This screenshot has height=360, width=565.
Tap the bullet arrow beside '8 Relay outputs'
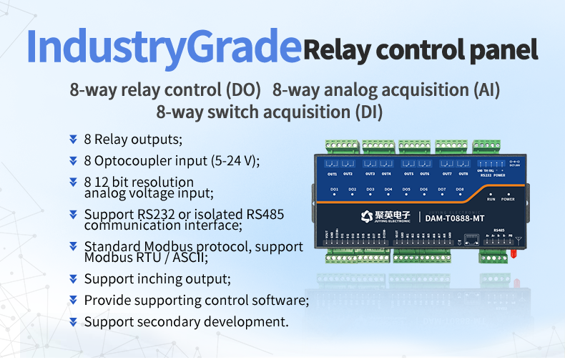click(x=73, y=138)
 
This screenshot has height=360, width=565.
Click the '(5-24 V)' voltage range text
click(x=234, y=160)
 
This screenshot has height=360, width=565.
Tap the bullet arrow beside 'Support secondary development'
click(x=73, y=321)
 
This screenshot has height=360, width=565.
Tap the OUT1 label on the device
click(x=332, y=174)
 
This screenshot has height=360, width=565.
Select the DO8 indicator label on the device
click(x=460, y=190)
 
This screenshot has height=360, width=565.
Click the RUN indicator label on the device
click(x=491, y=200)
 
